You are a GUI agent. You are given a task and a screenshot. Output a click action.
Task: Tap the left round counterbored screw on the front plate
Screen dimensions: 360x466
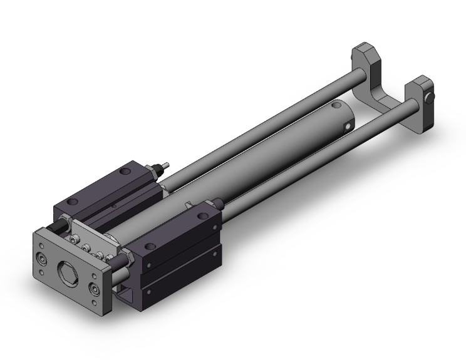click(x=41, y=258)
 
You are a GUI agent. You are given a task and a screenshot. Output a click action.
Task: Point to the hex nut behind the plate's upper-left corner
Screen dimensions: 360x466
click(x=65, y=221)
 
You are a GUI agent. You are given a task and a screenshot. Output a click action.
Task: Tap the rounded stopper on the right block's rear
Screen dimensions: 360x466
click(x=217, y=203)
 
